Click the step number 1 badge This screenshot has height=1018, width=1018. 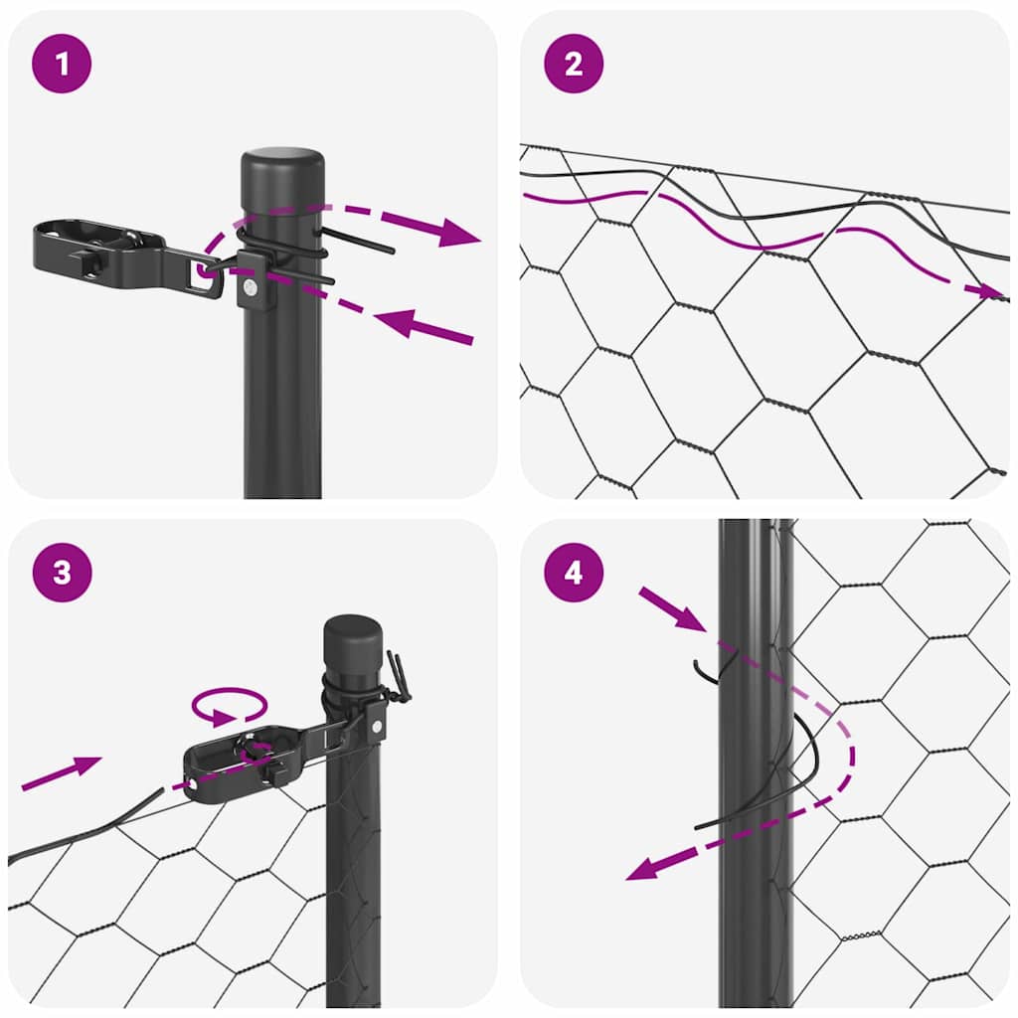[x=62, y=64]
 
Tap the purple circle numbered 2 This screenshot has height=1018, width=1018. [x=574, y=64]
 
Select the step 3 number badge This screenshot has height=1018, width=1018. [x=62, y=573]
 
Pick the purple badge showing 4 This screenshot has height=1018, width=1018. [x=574, y=573]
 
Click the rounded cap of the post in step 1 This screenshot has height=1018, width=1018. [x=283, y=163]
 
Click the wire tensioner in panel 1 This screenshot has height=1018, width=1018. [x=109, y=254]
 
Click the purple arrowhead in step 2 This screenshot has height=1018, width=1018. [x=990, y=291]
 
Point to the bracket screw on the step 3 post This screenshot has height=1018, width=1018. [x=376, y=727]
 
